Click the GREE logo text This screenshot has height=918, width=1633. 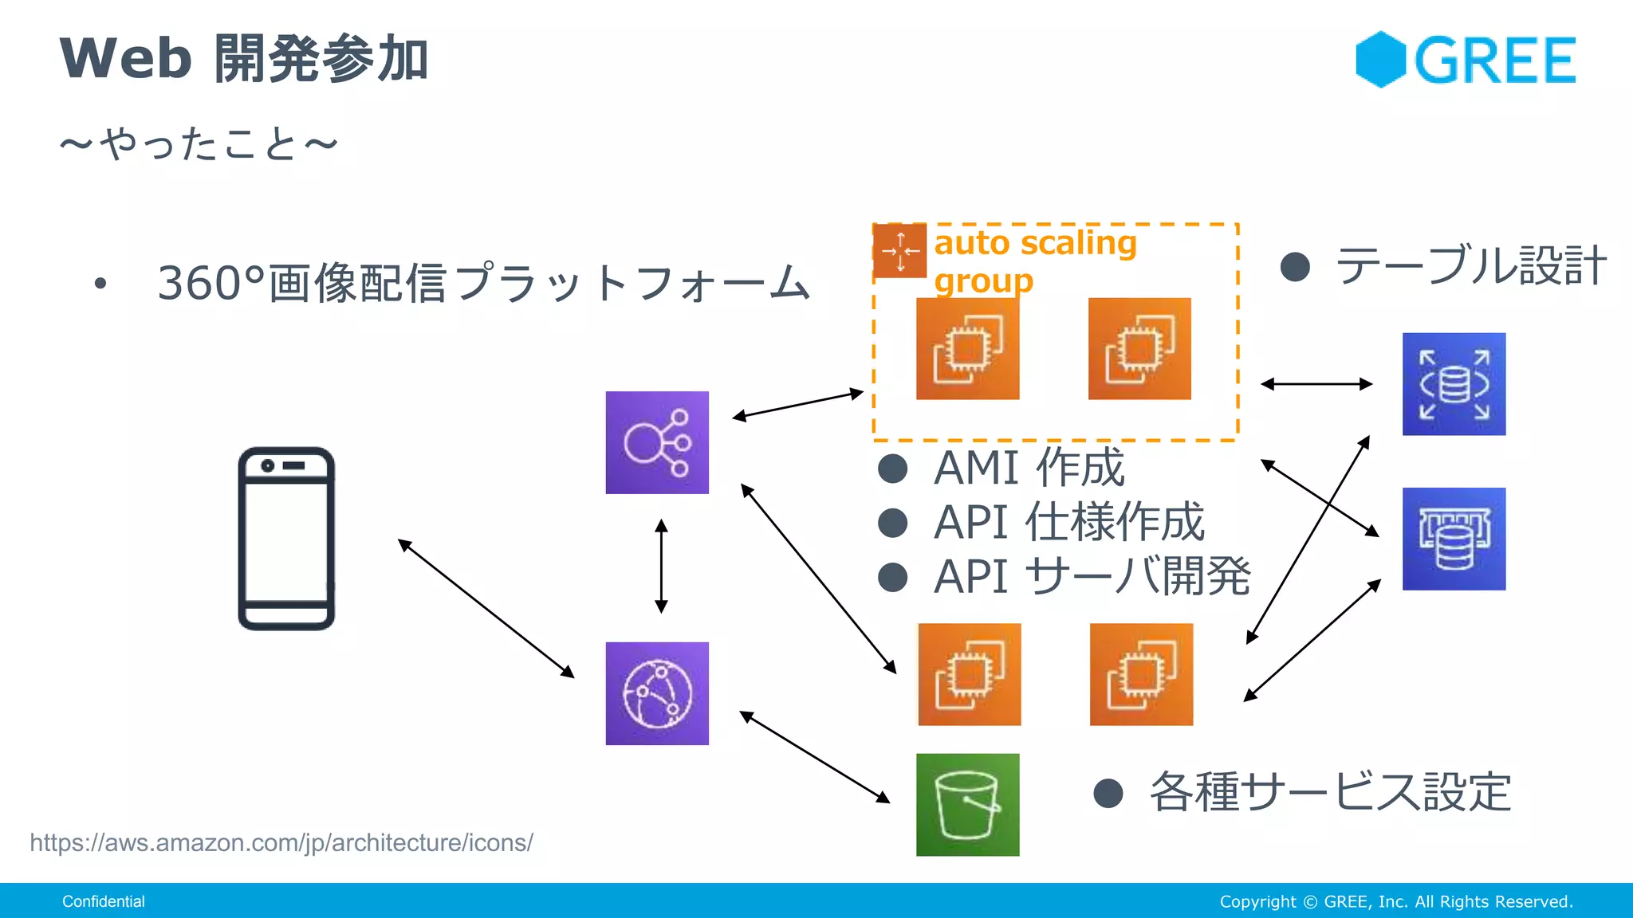(x=1495, y=61)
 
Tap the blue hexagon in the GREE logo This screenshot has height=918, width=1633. (x=1380, y=60)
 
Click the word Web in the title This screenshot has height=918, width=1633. (x=125, y=59)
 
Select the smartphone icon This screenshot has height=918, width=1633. (x=286, y=539)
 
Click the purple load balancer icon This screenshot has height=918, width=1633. (x=657, y=442)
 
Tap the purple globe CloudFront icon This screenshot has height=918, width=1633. (x=657, y=693)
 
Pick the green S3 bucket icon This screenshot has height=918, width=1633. (x=967, y=805)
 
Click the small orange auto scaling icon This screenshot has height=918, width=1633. (x=899, y=251)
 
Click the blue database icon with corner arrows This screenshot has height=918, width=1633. (x=1454, y=384)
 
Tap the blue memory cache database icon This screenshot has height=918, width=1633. (x=1454, y=539)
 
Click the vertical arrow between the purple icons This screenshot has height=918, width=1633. (x=661, y=566)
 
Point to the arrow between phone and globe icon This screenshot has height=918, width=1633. (x=486, y=609)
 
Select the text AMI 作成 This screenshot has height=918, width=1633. (x=1029, y=468)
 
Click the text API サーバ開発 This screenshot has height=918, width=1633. (x=1092, y=576)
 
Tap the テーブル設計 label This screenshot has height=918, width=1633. (x=1470, y=266)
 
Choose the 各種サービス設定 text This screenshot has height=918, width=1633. (x=1330, y=792)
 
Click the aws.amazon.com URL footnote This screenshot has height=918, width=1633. (x=281, y=842)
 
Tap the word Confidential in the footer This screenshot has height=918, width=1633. (x=104, y=901)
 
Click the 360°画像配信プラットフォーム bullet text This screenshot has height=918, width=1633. (x=483, y=284)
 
